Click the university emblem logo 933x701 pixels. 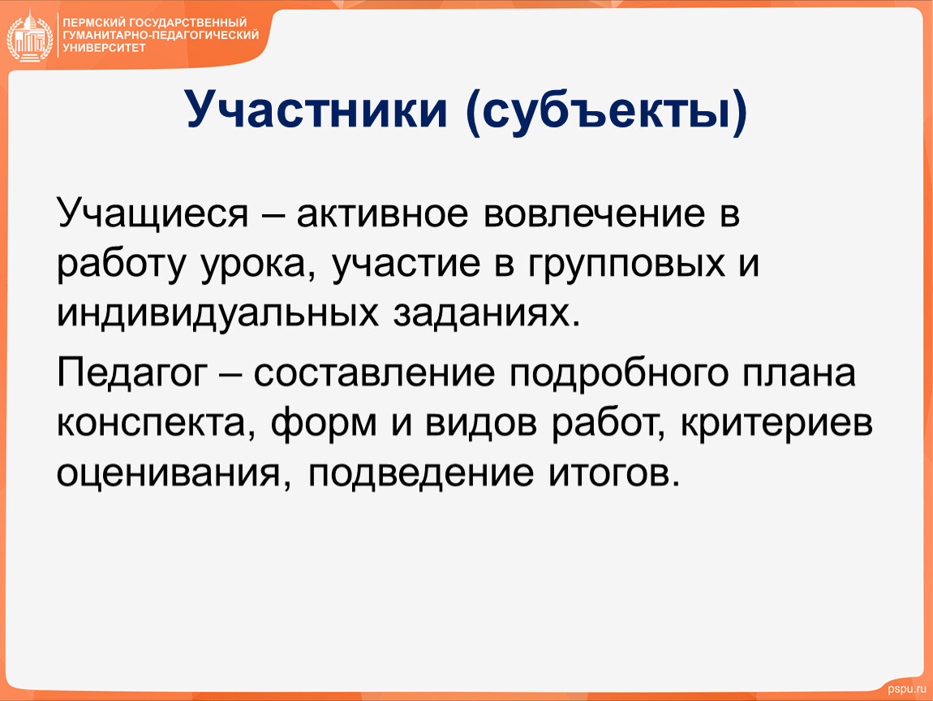[30, 37]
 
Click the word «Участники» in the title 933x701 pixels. [316, 110]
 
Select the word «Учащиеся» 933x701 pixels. [153, 214]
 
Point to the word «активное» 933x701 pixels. [383, 214]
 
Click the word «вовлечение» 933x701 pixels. [595, 214]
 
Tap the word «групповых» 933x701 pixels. [626, 265]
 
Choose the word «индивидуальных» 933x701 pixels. [217, 315]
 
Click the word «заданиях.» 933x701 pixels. [486, 314]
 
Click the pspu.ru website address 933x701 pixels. [907, 689]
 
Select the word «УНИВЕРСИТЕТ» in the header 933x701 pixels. [104, 48]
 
